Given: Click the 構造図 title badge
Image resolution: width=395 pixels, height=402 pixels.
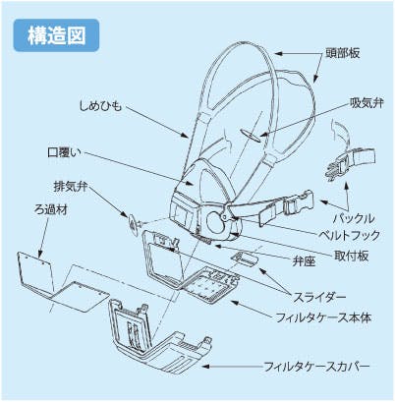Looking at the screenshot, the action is [56, 35].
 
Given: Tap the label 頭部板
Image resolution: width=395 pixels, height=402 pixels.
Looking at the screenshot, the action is [343, 53].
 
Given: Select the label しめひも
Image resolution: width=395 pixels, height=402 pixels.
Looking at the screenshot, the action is [100, 106].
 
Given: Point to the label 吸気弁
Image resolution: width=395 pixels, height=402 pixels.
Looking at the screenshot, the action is [367, 103].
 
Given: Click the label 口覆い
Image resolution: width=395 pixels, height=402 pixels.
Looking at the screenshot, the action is [64, 152].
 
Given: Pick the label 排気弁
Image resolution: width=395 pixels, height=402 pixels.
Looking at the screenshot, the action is [71, 187].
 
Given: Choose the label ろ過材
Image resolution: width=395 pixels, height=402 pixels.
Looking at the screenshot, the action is [51, 209].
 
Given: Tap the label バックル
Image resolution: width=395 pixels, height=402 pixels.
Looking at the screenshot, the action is [354, 218].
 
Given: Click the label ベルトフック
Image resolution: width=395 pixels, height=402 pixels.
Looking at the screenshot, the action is [349, 235].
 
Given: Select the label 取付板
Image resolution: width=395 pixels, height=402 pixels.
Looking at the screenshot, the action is [351, 256].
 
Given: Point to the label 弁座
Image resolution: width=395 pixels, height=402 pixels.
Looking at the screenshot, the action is [304, 261].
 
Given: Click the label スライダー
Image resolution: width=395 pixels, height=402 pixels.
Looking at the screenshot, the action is [319, 297].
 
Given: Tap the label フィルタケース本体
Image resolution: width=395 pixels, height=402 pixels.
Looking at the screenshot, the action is [323, 317].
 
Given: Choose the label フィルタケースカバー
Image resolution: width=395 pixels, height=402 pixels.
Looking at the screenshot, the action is [316, 366].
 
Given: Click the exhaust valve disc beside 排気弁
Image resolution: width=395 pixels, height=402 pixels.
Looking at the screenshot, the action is [134, 224].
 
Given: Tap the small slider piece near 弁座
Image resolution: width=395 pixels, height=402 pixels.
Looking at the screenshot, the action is [245, 258].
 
